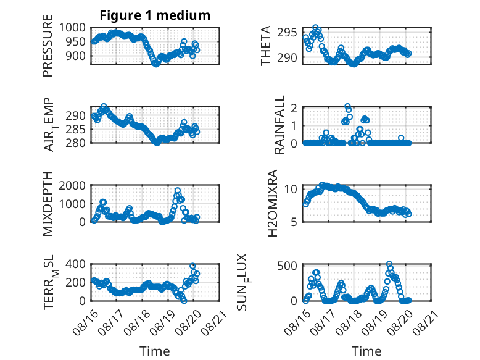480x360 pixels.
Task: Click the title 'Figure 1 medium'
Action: tap(155, 15)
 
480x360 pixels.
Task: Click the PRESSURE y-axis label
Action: tap(48, 46)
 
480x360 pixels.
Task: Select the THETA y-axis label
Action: tap(266, 46)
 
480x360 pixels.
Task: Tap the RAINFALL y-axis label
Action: tap(279, 125)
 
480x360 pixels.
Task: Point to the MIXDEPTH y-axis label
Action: tap(48, 204)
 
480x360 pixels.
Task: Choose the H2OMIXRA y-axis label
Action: tap(272, 203)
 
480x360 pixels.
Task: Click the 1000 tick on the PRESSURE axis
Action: tap(72, 28)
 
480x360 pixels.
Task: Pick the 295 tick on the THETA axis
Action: tap(287, 32)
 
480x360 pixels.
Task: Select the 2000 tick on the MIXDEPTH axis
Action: tap(72, 185)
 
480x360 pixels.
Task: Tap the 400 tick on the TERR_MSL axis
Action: tap(76, 264)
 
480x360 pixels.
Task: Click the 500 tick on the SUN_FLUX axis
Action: tap(287, 266)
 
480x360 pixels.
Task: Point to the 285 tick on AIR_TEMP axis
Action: tap(76, 129)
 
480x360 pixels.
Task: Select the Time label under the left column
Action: tap(155, 351)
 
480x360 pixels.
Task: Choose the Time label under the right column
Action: tap(366, 351)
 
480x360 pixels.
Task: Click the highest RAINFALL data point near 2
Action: tap(347, 107)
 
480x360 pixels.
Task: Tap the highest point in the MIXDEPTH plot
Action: tap(178, 190)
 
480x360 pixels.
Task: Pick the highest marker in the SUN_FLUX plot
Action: tap(389, 264)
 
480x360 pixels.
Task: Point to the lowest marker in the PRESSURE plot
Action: tap(156, 64)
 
